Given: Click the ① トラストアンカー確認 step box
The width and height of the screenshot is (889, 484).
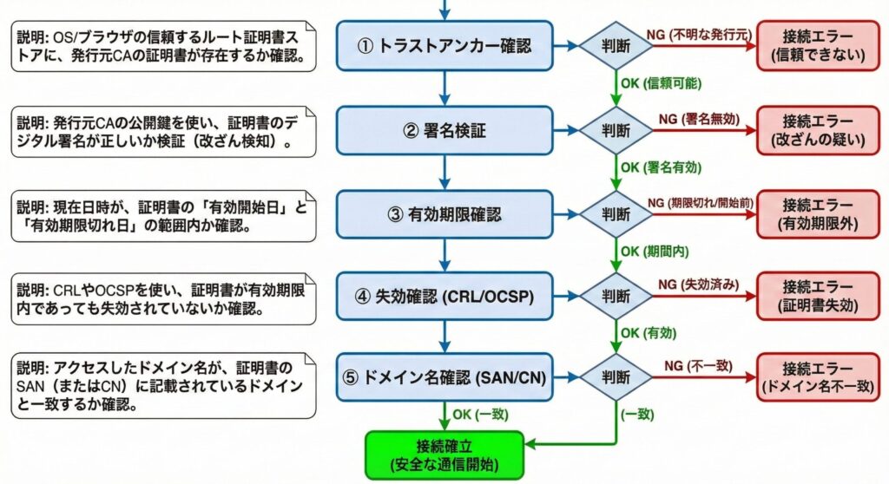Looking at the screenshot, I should pos(444,46).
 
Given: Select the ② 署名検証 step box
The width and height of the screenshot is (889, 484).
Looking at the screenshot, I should pos(444,131).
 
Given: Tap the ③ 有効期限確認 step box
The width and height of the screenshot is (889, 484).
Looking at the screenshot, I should pos(444,214).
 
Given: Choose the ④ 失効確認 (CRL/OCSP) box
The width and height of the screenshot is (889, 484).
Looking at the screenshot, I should pos(444,297).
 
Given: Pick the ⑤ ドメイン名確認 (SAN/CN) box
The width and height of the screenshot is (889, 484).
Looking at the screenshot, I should pos(444,377).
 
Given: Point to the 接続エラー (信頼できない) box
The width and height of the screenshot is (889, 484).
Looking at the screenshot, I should pos(823,46).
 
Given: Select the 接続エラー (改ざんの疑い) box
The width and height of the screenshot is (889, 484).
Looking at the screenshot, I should pos(823,130).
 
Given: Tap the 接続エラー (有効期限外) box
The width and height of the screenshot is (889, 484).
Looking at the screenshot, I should pos(823,214).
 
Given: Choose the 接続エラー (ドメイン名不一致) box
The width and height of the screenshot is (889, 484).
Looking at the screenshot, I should pos(823,377).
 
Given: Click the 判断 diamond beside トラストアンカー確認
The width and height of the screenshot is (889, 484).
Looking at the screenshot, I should pos(616,46).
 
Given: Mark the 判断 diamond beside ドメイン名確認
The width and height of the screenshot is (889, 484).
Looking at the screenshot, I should pos(616,377).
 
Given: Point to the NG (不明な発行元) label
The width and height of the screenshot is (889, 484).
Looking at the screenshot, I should pos(696,33).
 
